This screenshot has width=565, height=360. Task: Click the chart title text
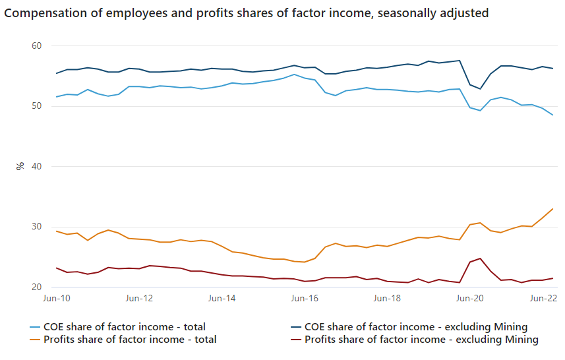point(246,13)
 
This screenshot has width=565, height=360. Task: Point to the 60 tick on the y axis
point(36,45)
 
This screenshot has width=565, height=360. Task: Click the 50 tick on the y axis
point(36,106)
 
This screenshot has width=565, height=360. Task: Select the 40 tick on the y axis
point(36,166)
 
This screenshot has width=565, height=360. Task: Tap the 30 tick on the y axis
point(36,227)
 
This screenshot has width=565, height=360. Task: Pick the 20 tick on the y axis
point(36,287)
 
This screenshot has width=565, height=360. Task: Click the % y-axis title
point(20,166)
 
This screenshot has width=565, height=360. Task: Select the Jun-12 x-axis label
point(139,299)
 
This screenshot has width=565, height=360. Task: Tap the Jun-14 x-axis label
point(222,299)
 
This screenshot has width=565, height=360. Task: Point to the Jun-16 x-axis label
point(304,299)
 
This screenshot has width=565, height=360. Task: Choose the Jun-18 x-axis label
point(387,299)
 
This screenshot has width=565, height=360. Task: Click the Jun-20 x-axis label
point(469,299)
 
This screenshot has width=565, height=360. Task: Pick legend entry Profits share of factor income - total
point(129,340)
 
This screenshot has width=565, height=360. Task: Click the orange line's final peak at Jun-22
point(552,209)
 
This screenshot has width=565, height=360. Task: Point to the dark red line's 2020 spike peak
point(481,258)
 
